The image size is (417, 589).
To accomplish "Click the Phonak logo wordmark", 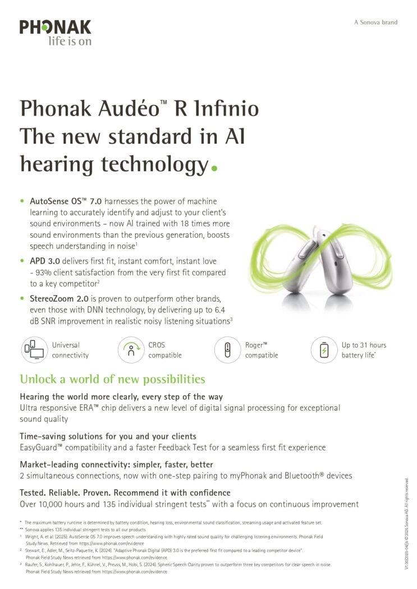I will (55, 27).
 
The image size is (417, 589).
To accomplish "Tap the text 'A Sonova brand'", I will (375, 22).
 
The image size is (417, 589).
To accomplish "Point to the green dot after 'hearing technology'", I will (213, 167).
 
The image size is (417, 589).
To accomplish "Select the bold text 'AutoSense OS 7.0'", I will (62, 201).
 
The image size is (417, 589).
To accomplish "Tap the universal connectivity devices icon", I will (33, 350).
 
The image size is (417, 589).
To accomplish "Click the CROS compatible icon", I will (130, 350).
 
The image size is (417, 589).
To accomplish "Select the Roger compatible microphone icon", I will (226, 350).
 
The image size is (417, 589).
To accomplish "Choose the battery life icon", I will (323, 350).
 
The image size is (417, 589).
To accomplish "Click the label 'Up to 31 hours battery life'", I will (364, 350).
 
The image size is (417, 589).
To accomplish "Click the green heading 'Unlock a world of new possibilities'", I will (112, 380).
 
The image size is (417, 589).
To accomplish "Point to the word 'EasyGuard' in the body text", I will (40, 447).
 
